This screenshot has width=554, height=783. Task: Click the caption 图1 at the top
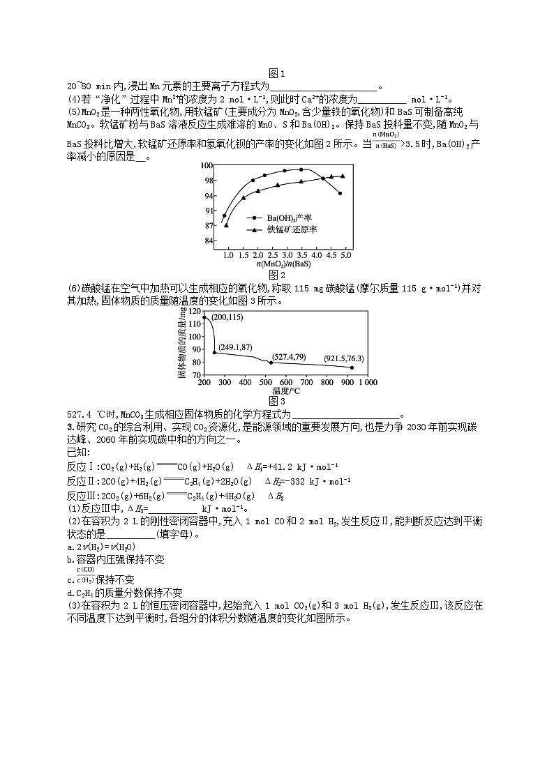point(277,74)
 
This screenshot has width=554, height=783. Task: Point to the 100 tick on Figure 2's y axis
point(207,165)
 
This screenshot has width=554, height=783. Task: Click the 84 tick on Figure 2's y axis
point(208,241)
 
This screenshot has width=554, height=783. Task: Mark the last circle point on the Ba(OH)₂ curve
point(340,193)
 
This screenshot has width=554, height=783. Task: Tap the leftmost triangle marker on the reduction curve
point(226,225)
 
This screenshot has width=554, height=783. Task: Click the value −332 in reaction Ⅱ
point(300,481)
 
